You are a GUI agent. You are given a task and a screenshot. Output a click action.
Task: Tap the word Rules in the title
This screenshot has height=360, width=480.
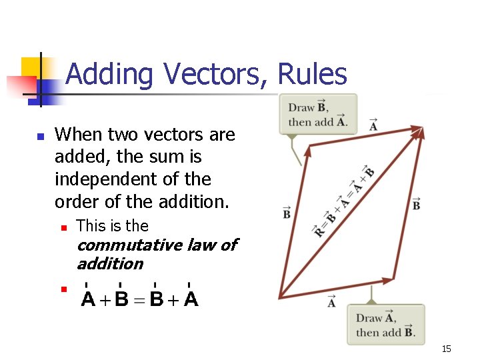pos(313,74)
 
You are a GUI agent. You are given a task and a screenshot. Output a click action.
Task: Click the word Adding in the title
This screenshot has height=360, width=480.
pos(110,74)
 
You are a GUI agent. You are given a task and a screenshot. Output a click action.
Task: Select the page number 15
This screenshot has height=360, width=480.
pos(446,349)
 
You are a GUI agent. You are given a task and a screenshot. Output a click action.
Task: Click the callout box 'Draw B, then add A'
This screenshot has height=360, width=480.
pos(318,114)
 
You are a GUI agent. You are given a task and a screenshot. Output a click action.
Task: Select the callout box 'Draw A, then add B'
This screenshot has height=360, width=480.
pos(385,325)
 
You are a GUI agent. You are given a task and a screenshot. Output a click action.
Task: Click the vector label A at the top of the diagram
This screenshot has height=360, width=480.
pos(373,125)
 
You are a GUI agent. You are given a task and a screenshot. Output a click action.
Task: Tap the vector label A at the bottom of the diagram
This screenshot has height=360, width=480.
pos(331,302)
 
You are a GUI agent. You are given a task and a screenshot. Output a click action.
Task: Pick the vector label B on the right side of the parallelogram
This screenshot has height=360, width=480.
pos(416,204)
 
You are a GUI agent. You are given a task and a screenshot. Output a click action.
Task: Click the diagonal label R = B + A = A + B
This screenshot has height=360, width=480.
pos(344,200)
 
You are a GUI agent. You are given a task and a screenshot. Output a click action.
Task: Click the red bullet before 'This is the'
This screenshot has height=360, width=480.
pos(63,227)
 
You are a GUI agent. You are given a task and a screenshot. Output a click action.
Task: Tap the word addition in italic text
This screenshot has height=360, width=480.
pos(110,264)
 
